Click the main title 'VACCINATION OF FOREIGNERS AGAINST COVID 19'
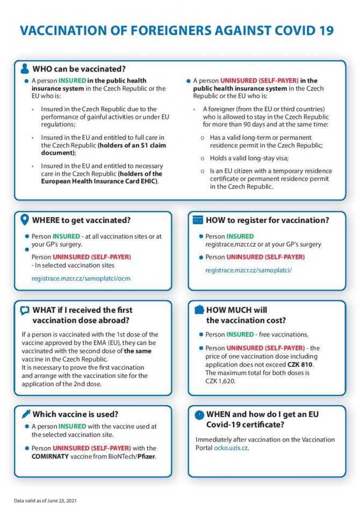coord(177,31)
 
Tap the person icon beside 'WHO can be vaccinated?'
coord(25,69)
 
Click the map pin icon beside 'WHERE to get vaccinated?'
coord(24,220)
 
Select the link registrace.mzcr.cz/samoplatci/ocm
coord(81,278)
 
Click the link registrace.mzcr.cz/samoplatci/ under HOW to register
coord(248,270)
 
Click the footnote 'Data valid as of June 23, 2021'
coord(45,501)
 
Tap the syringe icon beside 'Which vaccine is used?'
coord(25,414)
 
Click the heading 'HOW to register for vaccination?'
coord(267,220)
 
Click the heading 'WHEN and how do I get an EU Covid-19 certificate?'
coord(255,419)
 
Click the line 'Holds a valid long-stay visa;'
coord(249,158)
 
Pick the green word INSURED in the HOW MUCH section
coord(240,334)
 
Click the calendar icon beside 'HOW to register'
coord(197,220)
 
